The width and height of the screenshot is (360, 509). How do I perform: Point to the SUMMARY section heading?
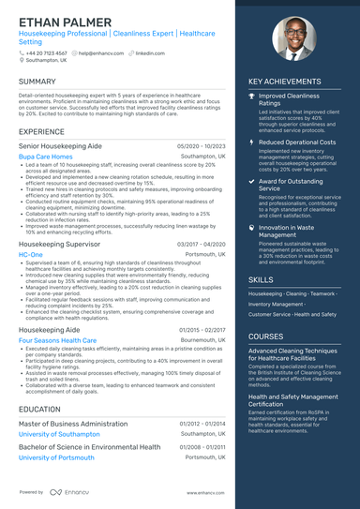click(37, 82)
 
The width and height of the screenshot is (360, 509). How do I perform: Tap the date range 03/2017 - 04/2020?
click(201, 243)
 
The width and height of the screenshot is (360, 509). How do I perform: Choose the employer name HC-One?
click(30, 254)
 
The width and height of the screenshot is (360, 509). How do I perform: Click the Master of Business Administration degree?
click(73, 424)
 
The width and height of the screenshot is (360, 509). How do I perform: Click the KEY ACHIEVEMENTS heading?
click(285, 82)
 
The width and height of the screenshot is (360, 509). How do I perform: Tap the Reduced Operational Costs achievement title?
click(299, 141)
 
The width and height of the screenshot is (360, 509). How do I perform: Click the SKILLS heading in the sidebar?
click(262, 279)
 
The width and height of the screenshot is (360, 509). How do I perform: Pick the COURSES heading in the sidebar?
click(266, 336)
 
